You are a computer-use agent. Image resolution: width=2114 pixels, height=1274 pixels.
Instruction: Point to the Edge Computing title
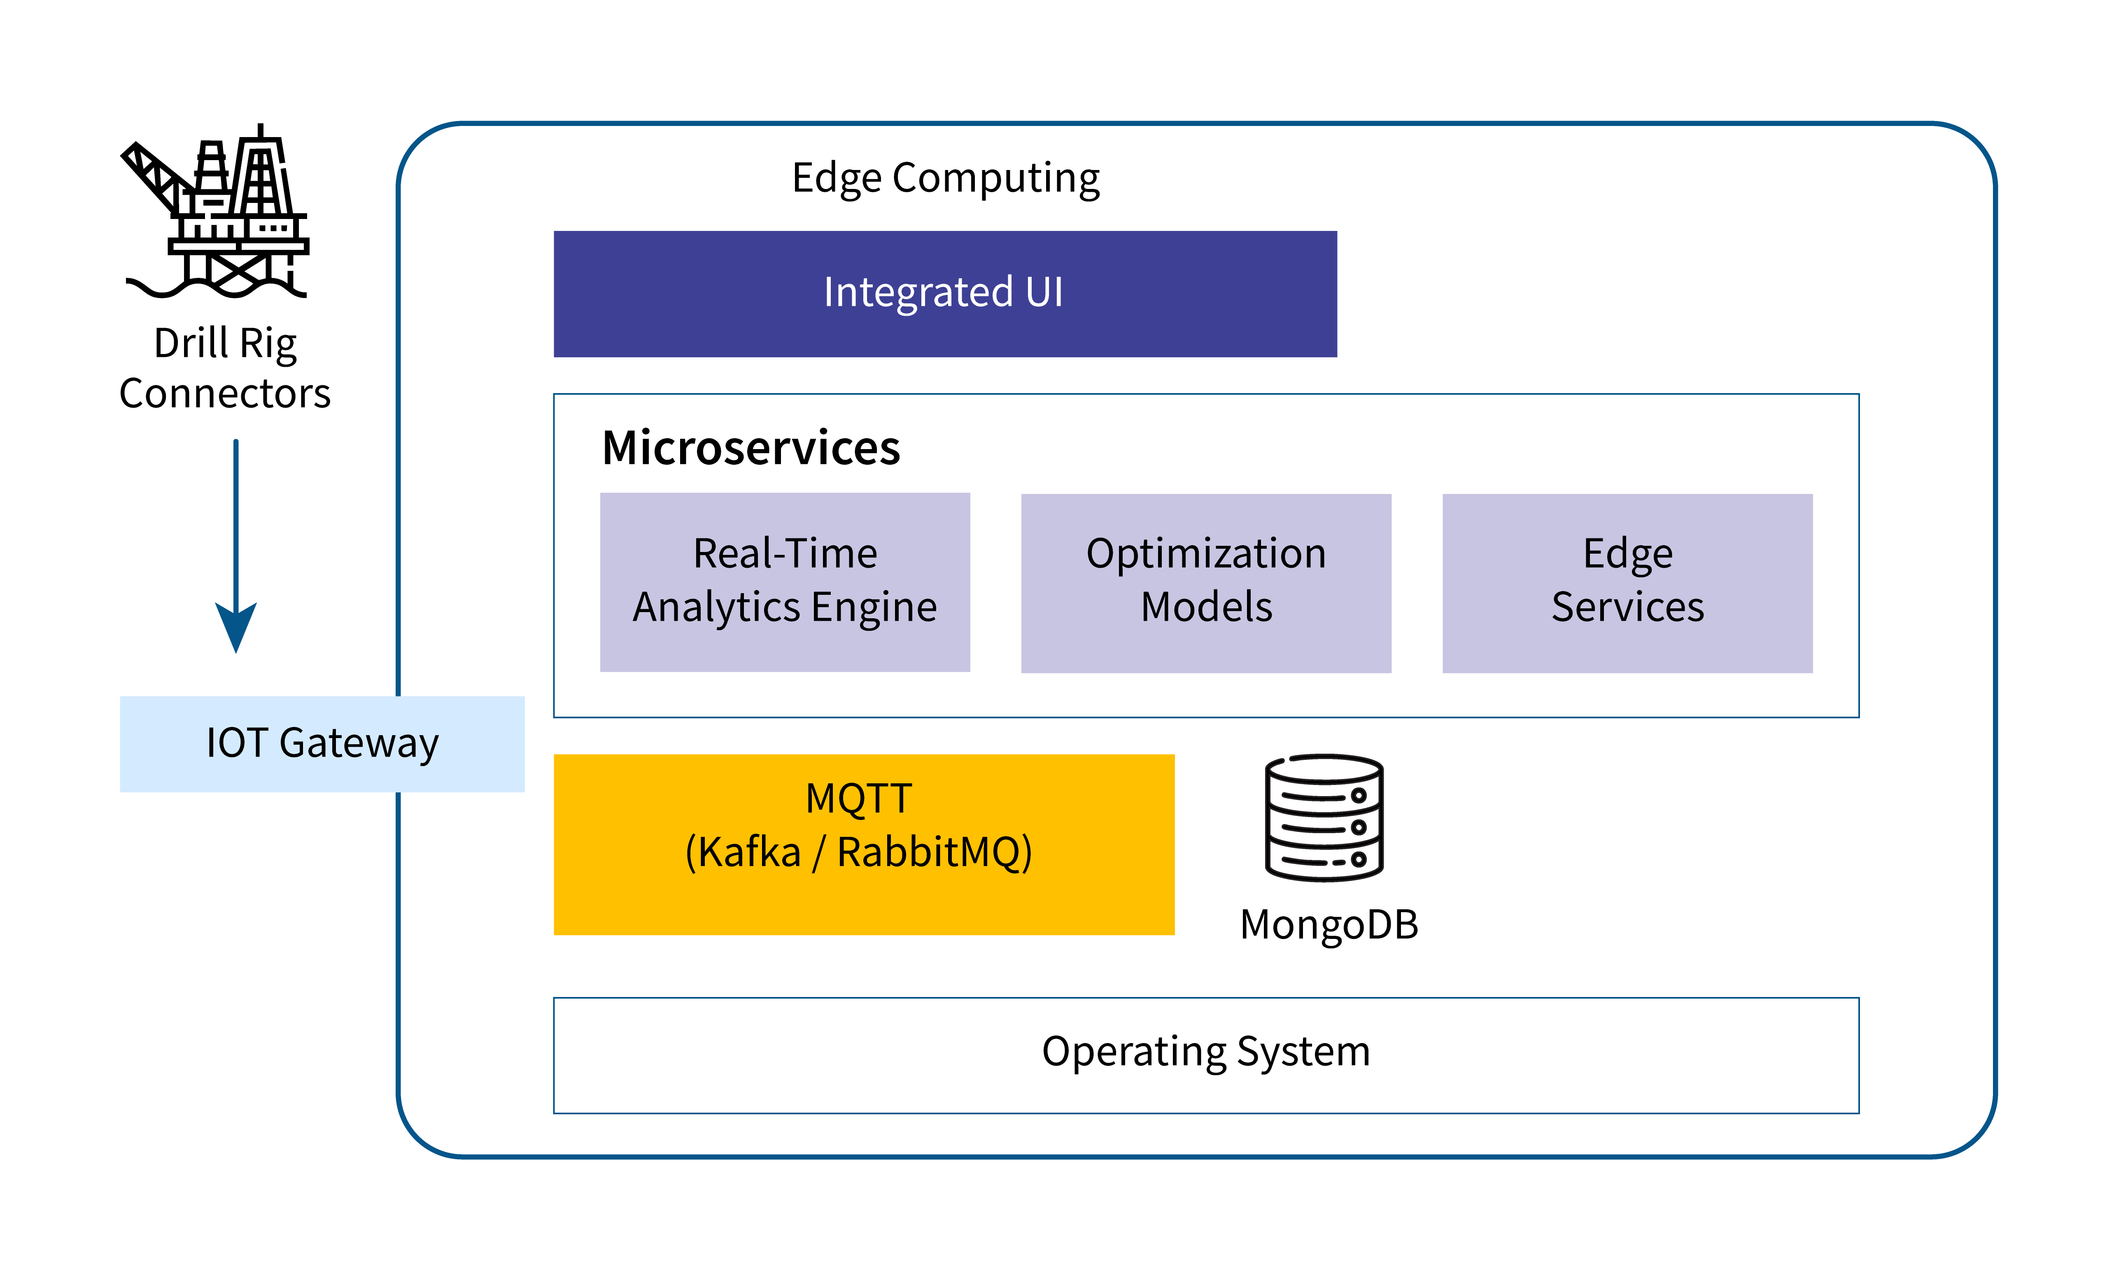point(946,179)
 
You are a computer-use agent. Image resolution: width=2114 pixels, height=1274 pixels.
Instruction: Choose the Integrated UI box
point(944,293)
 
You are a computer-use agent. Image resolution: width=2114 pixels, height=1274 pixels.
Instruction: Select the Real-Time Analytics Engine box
point(785,582)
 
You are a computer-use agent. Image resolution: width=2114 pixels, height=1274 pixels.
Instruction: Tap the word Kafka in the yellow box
point(749,852)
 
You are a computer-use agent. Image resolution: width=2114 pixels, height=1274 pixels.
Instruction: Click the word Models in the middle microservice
point(1206,608)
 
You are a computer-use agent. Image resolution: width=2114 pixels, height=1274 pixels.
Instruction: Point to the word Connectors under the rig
point(225,394)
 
